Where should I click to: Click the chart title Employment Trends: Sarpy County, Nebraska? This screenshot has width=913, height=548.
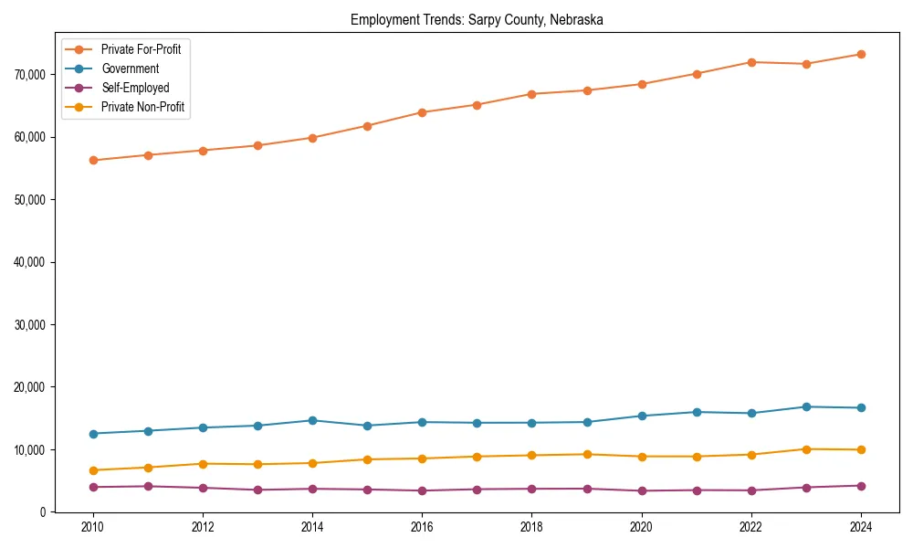(477, 20)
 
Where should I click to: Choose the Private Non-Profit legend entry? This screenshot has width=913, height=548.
(142, 107)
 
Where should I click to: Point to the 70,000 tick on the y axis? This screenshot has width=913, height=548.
(30, 74)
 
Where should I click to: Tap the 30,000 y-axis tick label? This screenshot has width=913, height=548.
(30, 324)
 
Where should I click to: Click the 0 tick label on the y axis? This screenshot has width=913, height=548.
(41, 512)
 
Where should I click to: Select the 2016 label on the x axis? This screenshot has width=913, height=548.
(422, 527)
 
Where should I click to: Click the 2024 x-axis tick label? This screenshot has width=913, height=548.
(861, 527)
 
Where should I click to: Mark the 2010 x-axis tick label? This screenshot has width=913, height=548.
(92, 527)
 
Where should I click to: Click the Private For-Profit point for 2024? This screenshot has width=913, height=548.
(861, 54)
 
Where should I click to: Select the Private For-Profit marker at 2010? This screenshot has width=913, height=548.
(92, 160)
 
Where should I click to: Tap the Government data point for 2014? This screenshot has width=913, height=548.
(312, 420)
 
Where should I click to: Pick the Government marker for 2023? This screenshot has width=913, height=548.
(806, 406)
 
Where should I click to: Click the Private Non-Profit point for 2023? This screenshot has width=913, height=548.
(806, 448)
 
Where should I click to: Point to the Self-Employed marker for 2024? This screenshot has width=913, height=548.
(861, 485)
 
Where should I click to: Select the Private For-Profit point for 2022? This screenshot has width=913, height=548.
(751, 62)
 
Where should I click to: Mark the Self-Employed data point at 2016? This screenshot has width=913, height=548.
(422, 490)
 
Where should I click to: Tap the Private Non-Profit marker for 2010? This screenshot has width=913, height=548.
(92, 470)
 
